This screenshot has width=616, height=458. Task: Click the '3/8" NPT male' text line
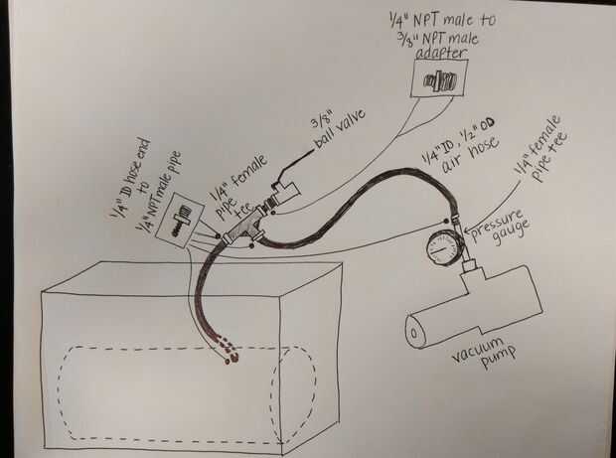[443, 37]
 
